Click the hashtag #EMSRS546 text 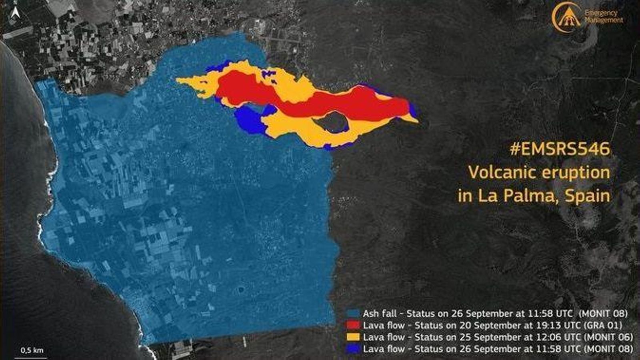coord(560,149)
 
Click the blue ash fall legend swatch coord(353,313)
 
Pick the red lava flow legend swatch coord(353,325)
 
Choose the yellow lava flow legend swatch coord(353,337)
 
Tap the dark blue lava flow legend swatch coord(353,349)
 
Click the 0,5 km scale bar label coord(32,350)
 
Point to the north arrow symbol coord(16,14)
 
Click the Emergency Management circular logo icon coord(566,16)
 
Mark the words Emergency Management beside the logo coord(603,16)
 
